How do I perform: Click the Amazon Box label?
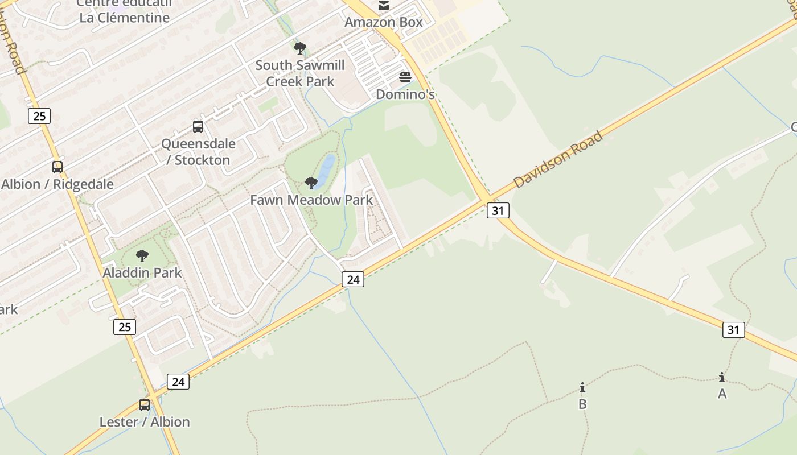coord(384,22)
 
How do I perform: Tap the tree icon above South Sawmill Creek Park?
coord(300,48)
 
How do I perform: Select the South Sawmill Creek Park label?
coord(300,73)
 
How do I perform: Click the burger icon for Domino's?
coord(405,77)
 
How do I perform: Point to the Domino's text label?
coord(405,94)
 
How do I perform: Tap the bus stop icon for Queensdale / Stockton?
coord(198,127)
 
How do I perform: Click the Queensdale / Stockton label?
coord(198,152)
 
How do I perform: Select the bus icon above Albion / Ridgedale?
coord(57,167)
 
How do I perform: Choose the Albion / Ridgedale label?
coord(57,184)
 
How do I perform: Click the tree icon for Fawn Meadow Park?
coord(311,183)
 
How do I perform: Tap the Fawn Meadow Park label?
coord(311,200)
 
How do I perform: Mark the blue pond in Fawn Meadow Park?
coord(327,168)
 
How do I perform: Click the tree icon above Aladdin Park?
coord(142,256)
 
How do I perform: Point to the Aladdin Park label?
coord(142,273)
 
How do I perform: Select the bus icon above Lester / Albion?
coord(145,405)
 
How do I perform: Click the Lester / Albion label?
coord(145,422)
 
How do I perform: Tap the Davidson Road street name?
coord(558,160)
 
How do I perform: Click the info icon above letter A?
coord(722,377)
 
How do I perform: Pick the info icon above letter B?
coord(582,388)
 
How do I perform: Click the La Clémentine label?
coord(125,18)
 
